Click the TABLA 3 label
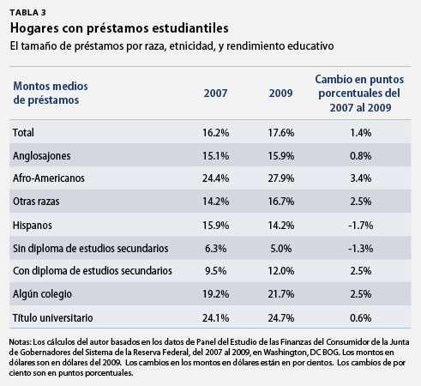click(27, 13)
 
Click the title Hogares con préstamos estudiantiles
click(119, 28)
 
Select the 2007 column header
click(215, 93)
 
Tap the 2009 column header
click(280, 93)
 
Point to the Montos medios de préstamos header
click(51, 93)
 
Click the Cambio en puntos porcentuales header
click(359, 93)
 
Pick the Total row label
click(23, 133)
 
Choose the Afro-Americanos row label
click(49, 178)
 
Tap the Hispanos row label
click(33, 226)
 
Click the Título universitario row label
click(52, 317)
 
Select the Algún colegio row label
click(42, 294)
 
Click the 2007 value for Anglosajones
click(215, 156)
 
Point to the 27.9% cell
click(280, 178)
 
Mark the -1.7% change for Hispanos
click(361, 226)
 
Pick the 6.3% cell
click(215, 248)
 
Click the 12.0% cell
click(280, 271)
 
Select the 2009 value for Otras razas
click(280, 202)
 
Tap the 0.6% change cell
click(361, 317)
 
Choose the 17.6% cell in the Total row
click(280, 133)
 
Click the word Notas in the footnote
click(20, 342)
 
